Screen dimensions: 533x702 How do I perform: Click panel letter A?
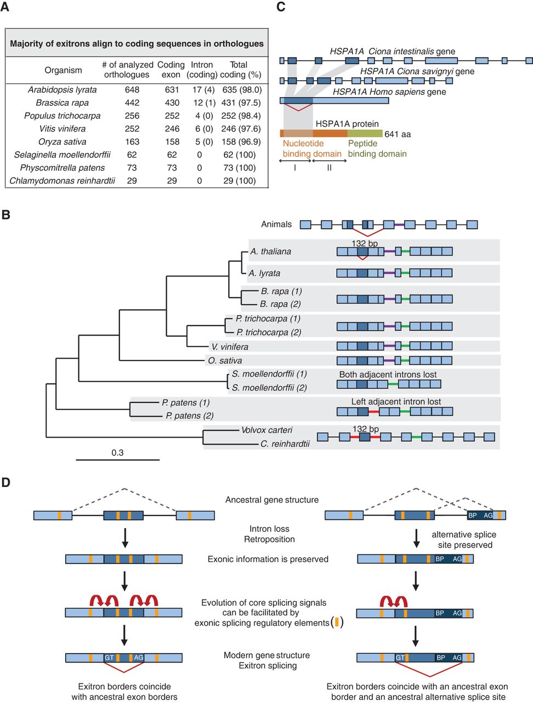point(5,7)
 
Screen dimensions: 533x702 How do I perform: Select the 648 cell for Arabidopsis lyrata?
point(132,90)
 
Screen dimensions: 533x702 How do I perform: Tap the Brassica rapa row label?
point(63,103)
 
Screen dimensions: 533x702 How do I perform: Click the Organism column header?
point(63,70)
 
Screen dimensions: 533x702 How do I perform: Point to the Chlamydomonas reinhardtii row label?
point(63,180)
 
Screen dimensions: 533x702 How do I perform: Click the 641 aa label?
point(398,134)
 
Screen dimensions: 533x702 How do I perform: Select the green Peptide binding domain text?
point(377,149)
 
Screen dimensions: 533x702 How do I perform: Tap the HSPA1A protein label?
point(347,124)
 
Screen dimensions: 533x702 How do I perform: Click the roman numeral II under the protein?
point(330,168)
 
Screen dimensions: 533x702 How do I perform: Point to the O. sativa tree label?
point(225,360)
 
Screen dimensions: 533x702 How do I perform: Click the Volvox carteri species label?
point(266,430)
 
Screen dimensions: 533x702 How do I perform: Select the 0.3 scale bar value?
point(117,452)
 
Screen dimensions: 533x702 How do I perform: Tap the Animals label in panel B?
point(276,224)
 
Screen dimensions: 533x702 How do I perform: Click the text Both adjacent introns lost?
point(388,375)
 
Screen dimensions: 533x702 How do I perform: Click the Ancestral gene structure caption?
point(272,500)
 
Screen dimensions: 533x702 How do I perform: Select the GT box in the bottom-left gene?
point(109,658)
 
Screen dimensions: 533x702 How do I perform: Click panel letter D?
point(5,483)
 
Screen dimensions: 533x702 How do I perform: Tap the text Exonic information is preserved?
point(268,559)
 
